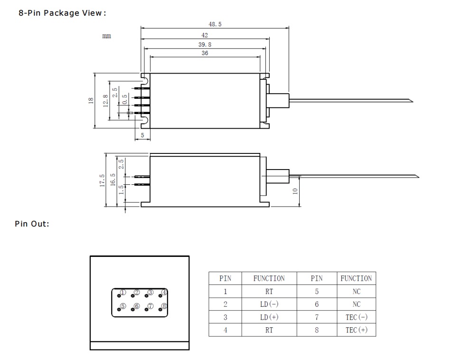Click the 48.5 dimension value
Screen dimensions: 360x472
point(215,24)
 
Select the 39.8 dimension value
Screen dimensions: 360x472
point(205,44)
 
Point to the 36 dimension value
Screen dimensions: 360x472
point(205,53)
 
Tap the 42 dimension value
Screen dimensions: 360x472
point(205,35)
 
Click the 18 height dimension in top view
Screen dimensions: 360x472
point(91,101)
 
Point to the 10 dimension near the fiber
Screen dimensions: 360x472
point(295,191)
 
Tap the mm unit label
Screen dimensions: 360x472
point(107,37)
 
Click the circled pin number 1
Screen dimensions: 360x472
point(123,293)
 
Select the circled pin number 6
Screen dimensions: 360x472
point(137,306)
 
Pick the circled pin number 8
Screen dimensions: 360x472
point(164,306)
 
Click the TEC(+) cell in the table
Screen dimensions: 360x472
point(356,330)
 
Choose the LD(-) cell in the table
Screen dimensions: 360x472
point(269,304)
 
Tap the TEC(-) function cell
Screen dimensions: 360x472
point(356,317)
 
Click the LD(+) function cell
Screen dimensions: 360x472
point(269,317)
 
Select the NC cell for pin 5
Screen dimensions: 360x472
point(356,291)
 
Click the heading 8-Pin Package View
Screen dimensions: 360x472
point(61,13)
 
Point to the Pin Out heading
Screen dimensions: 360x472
point(32,224)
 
